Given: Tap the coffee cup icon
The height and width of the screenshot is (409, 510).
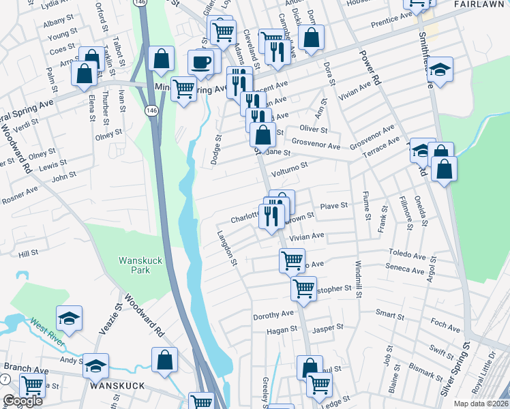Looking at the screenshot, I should click(200, 63).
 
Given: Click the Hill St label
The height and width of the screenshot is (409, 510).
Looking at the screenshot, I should click(29, 253).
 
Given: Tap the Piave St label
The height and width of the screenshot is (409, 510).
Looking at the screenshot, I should click(334, 204).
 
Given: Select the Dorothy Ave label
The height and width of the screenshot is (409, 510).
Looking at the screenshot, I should click(273, 315).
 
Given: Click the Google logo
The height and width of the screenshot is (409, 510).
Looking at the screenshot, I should click(22, 401).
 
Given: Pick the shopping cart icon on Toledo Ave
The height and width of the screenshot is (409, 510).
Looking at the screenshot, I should click(292, 260).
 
